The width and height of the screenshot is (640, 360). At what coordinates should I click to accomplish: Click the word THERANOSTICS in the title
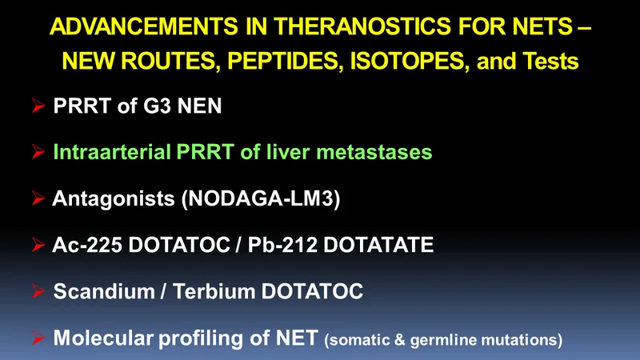coord(362,26)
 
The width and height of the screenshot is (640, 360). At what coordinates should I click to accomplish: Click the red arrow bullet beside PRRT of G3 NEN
coord(38,106)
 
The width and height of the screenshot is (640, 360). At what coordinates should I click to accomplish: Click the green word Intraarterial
coord(112,152)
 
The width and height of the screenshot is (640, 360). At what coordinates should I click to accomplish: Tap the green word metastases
coord(374,152)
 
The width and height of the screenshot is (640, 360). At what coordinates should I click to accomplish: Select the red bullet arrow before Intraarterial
coord(38,152)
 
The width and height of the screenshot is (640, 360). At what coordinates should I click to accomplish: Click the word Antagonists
coord(114,198)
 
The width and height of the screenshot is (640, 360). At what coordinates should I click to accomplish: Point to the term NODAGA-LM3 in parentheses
coord(262,198)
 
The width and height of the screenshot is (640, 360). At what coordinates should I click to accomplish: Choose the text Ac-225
coord(87,245)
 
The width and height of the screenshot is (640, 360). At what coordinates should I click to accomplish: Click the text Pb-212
coord(282,245)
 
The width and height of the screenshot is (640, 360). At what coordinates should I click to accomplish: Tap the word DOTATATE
coord(378,245)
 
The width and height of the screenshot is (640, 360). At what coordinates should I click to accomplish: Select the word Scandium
coord(104,291)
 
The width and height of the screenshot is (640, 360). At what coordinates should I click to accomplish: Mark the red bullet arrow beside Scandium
coord(38,291)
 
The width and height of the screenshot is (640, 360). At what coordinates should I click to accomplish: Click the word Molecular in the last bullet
coord(103,338)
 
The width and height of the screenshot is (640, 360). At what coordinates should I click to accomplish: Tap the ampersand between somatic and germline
coord(399,340)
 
